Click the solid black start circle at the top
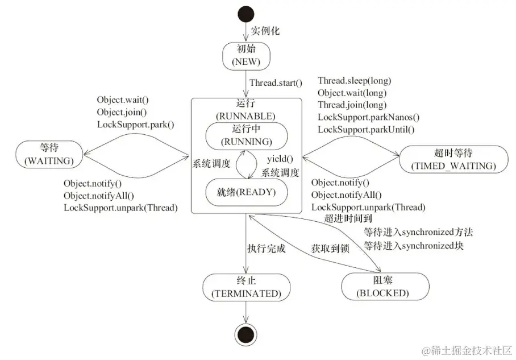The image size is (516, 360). (245, 13)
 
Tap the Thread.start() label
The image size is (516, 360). (276, 84)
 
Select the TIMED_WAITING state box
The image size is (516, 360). (452, 159)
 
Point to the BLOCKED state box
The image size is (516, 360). (384, 287)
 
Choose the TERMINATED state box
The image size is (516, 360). (245, 287)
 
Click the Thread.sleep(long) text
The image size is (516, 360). (355, 81)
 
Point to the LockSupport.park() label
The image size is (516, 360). (135, 124)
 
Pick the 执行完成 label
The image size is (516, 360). (266, 249)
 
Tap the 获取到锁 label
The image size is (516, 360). (330, 249)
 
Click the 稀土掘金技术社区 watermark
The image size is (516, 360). (471, 348)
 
